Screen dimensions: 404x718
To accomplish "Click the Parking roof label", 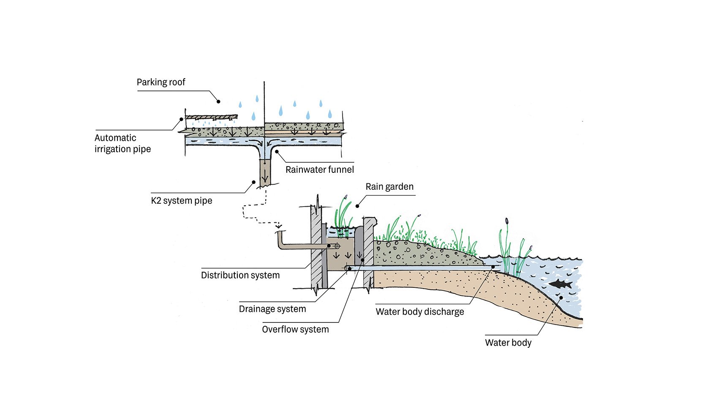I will (161, 82).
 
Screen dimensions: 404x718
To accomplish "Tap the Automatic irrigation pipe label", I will (122, 143).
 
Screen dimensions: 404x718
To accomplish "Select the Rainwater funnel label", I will (320, 169).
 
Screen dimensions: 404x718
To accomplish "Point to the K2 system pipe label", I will (182, 201).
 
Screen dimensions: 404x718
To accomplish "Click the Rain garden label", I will (389, 187).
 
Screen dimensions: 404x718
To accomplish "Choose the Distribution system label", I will (240, 275).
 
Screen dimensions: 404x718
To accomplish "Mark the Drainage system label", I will (272, 309).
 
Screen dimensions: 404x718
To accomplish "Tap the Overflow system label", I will (295, 329).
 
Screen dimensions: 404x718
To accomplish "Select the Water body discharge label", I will (420, 312).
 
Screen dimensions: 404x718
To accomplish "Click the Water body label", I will (508, 343).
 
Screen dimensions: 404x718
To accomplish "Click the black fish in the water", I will (560, 284).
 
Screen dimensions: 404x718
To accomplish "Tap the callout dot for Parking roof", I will (218, 101).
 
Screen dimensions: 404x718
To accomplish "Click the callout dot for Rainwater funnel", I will (277, 151).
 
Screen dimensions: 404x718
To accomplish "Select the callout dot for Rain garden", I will (357, 206).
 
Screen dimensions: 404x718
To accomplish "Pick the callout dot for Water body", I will (561, 298).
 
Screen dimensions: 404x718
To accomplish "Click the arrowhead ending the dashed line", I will (278, 227).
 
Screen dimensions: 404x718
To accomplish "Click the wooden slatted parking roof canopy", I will (211, 117).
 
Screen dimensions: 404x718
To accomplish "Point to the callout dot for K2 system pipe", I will (254, 183).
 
